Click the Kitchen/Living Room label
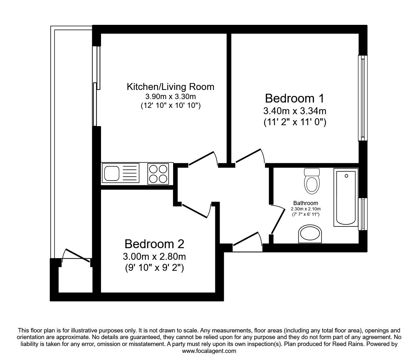(x=170, y=87)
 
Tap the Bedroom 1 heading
(x=294, y=98)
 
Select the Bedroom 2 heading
(x=154, y=244)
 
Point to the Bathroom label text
(x=305, y=203)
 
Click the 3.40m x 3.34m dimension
(x=294, y=111)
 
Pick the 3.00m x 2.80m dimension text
(x=154, y=257)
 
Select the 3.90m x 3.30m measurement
(x=170, y=97)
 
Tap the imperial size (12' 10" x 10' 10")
(x=170, y=106)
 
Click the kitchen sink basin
(x=111, y=174)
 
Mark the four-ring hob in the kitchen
(x=158, y=174)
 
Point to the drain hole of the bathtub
(x=346, y=176)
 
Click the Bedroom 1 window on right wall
(x=363, y=98)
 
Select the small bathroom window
(x=363, y=214)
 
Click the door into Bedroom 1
(x=250, y=156)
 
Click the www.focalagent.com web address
(x=209, y=351)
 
